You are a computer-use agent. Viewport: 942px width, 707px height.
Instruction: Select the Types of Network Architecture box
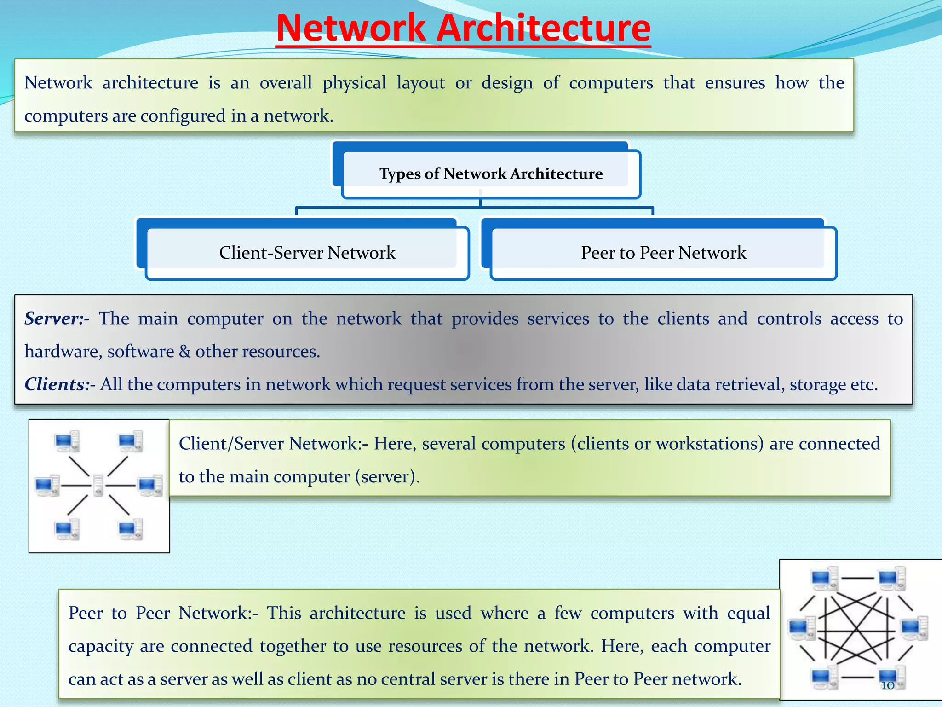coord(491,174)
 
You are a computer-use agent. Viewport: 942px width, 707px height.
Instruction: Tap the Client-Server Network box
coord(307,253)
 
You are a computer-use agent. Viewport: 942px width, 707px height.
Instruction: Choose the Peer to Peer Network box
coord(663,253)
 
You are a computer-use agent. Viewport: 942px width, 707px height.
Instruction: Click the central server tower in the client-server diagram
coord(98,486)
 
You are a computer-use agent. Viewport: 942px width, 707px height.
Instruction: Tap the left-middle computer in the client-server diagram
coord(47,486)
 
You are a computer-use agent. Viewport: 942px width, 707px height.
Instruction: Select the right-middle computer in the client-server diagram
coord(150,486)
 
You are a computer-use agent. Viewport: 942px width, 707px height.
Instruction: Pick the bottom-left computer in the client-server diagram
coord(67,529)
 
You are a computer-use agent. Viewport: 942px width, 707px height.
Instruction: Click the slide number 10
coord(887,685)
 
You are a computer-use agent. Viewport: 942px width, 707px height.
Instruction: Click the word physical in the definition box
coord(354,83)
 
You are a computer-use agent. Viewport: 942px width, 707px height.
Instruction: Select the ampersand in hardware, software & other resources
coord(184,352)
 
